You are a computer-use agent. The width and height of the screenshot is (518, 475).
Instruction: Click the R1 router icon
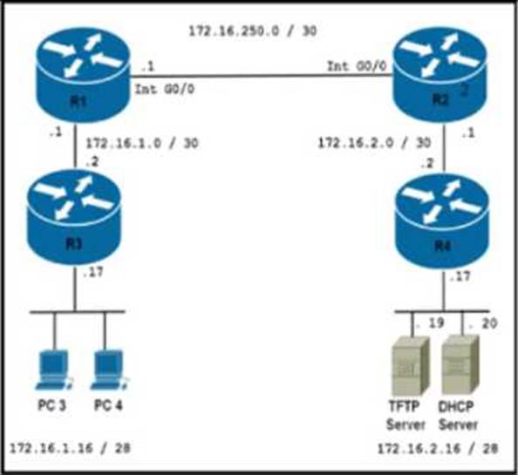point(83,75)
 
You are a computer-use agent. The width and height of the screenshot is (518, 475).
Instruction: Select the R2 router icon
point(440,75)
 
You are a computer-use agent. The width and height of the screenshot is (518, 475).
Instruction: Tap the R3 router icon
point(74,218)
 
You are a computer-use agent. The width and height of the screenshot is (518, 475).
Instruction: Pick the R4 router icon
point(442,221)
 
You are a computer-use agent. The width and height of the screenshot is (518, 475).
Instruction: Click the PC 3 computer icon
point(54,370)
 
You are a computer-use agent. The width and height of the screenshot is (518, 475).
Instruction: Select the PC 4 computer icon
point(109,370)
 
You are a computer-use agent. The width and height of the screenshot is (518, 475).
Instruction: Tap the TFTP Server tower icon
point(410,366)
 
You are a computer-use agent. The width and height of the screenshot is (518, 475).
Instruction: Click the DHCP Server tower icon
point(460,365)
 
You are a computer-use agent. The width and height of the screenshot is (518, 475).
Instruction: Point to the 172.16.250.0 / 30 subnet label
point(253,31)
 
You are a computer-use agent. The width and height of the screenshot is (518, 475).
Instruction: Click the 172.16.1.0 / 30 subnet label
point(142,143)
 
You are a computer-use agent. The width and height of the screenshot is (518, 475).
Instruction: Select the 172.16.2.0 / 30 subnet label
point(374,143)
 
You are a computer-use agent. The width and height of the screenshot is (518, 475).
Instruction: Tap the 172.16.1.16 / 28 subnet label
point(70,448)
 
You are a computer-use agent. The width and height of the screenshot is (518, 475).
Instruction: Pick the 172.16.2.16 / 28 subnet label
point(438,449)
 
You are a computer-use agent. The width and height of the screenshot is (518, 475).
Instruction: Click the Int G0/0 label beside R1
point(165,89)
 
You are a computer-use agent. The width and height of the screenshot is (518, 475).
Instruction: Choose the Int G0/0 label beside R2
point(357,66)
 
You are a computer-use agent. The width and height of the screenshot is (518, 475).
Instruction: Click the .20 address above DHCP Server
point(483,323)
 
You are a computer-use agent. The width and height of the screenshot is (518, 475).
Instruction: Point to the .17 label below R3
point(93,272)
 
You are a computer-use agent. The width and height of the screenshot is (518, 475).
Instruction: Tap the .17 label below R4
point(460,276)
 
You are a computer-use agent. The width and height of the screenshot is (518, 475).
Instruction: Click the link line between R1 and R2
point(261,76)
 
